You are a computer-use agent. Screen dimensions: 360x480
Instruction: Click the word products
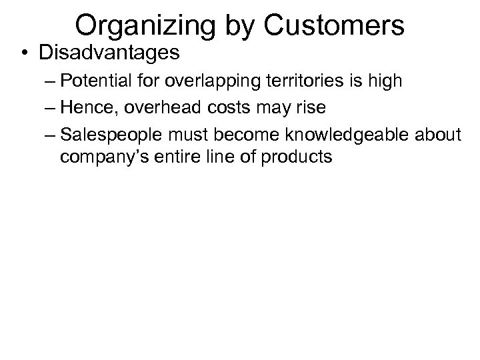(x=297, y=158)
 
